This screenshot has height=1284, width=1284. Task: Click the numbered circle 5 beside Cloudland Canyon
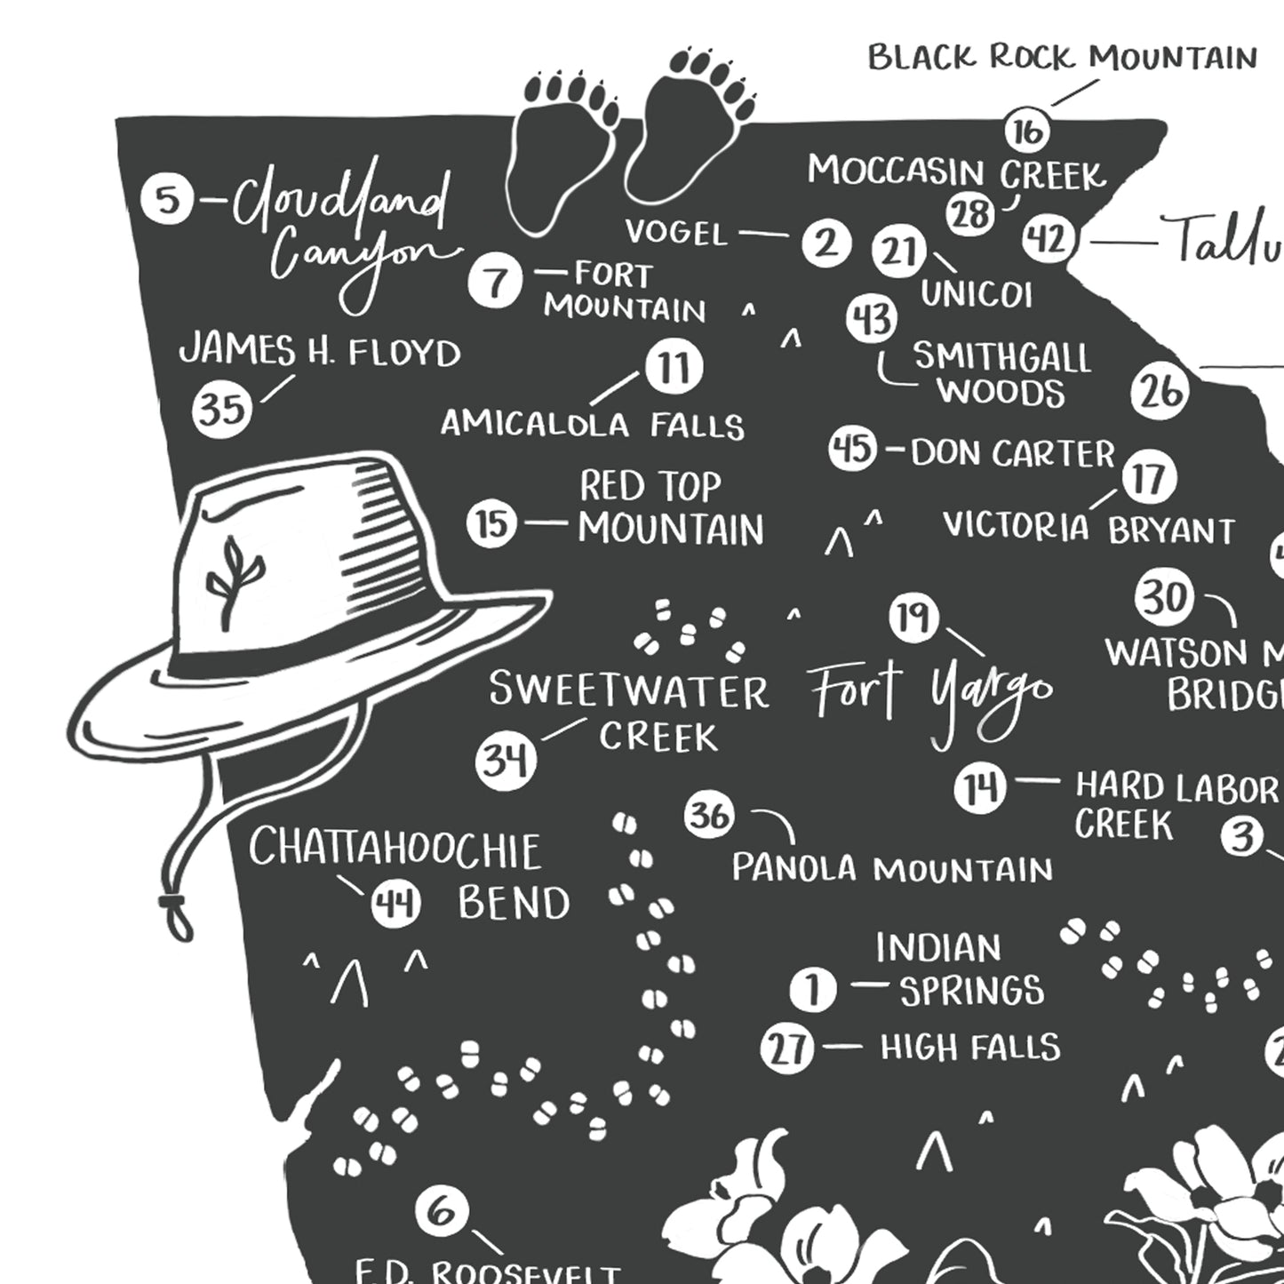click(167, 199)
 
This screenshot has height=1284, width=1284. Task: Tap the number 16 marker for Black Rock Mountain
click(1027, 132)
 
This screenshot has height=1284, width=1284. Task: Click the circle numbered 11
click(674, 368)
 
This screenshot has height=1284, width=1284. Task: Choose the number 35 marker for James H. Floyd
click(222, 409)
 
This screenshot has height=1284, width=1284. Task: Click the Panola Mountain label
click(891, 868)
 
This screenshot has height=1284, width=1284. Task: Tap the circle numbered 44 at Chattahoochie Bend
click(396, 905)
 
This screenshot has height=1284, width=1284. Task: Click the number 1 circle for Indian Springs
click(813, 988)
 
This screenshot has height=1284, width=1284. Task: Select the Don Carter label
click(1011, 453)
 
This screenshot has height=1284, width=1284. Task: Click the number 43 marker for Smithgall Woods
click(872, 318)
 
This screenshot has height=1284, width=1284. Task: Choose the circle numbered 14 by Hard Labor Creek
click(980, 787)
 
